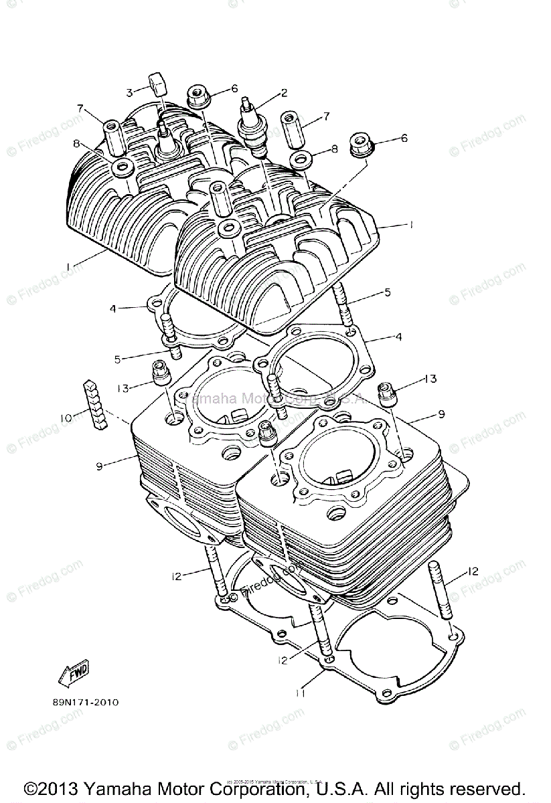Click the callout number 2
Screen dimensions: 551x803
point(284,93)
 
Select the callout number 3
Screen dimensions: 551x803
point(130,92)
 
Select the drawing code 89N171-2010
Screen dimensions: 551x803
point(84,703)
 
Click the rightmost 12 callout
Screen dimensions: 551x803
point(473,571)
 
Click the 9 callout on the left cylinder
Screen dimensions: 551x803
point(99,465)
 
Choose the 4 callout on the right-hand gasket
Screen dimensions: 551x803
point(398,338)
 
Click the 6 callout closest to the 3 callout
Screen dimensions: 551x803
point(234,88)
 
